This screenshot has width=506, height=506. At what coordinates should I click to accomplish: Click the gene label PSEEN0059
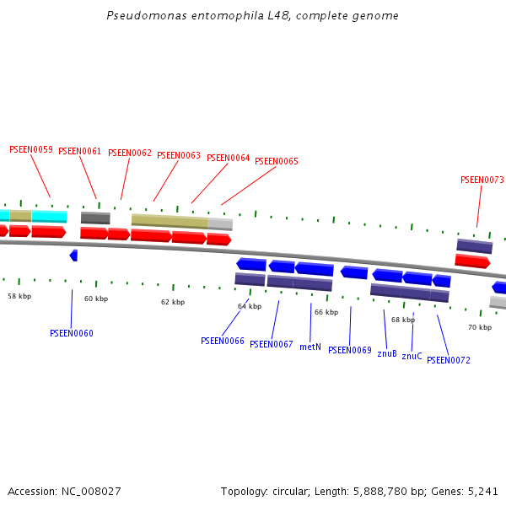31,149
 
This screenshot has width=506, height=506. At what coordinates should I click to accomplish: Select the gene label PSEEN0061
79,152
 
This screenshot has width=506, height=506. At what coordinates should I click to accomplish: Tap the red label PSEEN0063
179,155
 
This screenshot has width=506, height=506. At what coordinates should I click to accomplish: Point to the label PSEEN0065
277,161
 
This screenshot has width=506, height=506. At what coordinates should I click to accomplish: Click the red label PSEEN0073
482,180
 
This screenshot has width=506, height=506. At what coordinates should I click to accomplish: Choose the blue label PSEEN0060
72,333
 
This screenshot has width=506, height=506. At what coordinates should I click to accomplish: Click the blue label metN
310,347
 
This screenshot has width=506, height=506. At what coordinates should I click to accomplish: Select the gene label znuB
387,353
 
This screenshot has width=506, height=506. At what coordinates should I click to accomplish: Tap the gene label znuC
412,356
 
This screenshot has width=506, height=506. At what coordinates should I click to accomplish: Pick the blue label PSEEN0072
449,360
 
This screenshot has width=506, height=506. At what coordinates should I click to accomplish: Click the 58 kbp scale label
19,296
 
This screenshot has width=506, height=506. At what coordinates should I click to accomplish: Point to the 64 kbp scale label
250,306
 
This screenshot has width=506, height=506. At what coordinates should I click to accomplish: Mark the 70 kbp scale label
480,327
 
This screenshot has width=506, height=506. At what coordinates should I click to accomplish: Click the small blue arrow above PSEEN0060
73,255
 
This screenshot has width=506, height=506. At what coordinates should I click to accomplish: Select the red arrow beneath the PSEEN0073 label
472,261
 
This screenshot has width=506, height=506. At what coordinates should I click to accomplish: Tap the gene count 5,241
482,491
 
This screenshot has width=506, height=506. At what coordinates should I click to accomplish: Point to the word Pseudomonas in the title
139,16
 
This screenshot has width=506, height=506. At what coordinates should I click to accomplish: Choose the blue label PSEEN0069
350,350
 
